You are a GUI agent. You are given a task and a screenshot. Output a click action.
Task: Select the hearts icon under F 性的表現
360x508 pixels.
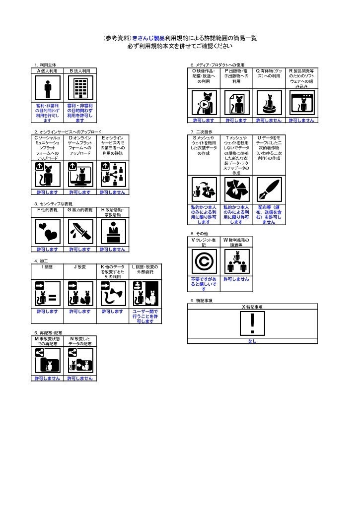[x=48, y=231]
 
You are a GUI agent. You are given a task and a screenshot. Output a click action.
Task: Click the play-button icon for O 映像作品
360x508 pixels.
[x=203, y=103]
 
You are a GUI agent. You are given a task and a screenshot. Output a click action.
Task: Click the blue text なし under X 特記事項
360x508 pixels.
[x=252, y=341]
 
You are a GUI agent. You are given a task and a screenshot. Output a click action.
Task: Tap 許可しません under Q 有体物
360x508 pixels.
[x=269, y=121]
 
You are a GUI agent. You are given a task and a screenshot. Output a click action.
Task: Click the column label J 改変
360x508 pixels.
[x=80, y=267]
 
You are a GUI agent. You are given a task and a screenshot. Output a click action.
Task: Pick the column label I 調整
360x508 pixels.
[x=48, y=267]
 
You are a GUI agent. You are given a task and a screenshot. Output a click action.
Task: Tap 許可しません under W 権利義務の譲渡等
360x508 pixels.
[x=236, y=279]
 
